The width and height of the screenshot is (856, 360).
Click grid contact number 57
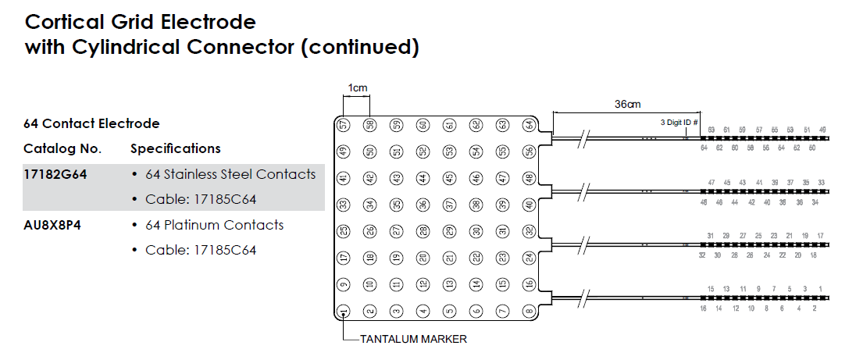tap(344, 125)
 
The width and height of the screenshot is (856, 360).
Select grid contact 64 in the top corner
tap(529, 125)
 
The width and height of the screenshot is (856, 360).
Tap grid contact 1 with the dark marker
tap(344, 312)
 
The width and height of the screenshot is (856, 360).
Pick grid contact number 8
tap(529, 312)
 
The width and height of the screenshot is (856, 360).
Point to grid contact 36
tap(423, 205)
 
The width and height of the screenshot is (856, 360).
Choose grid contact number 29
tap(449, 231)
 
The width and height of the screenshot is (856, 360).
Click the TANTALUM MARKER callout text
tap(413, 340)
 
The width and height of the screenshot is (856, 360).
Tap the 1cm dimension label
tap(357, 88)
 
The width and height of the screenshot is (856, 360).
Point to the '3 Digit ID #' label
tap(677, 123)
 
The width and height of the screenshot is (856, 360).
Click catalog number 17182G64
tap(55, 174)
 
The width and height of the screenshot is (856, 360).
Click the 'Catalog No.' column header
tap(62, 148)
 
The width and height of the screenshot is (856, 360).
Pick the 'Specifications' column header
tap(176, 148)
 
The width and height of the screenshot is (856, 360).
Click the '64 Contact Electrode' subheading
tap(91, 123)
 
